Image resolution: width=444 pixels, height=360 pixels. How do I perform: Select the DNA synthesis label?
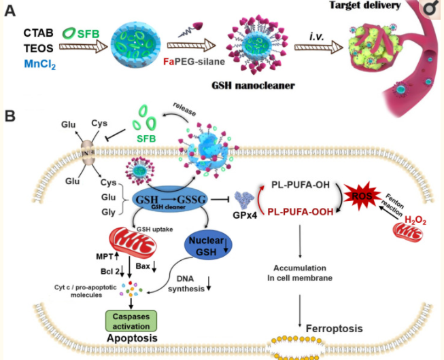[x=197, y=283]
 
